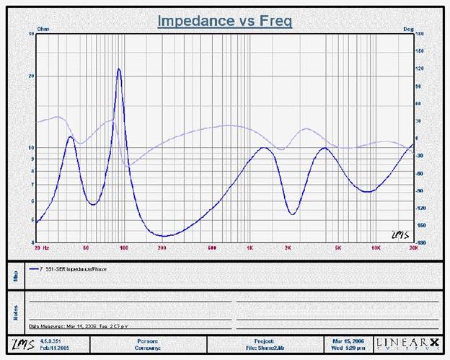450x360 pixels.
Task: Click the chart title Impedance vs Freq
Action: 224,22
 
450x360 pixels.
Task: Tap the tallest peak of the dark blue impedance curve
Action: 119,69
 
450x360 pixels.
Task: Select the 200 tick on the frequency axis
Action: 163,247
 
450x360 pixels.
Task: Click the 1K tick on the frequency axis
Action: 250,247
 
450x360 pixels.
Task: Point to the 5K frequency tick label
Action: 337,247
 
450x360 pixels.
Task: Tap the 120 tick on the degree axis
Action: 420,69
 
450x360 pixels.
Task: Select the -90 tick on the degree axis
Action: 420,190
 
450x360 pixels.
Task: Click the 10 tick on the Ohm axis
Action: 31,147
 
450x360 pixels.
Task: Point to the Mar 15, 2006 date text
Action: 349,339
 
